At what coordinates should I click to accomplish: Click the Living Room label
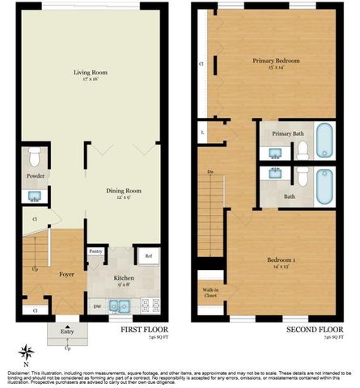[x=91, y=74]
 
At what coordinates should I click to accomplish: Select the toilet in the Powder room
[x=34, y=156]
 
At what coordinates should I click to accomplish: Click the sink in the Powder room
[x=35, y=195]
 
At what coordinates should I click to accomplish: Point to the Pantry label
[x=95, y=252]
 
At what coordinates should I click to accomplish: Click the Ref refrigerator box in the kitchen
[x=148, y=256]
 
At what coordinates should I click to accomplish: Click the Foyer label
[x=67, y=274]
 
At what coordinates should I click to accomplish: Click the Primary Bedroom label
[x=275, y=61]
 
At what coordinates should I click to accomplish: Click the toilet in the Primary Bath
[x=302, y=149]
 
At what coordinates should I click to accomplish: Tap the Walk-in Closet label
[x=210, y=295]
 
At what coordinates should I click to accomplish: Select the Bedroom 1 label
[x=283, y=260]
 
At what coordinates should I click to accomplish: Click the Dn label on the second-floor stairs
[x=210, y=172]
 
